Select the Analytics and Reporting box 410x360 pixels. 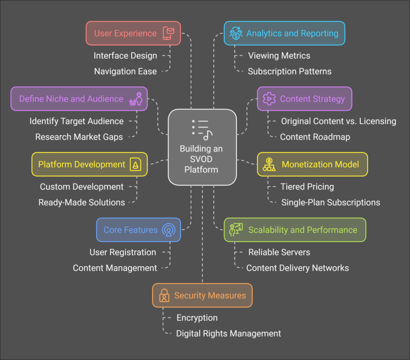(284, 33)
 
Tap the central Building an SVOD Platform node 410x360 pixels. (202, 147)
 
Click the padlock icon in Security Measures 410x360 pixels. (164, 296)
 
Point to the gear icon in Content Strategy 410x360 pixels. (269, 99)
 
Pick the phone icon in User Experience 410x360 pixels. (169, 33)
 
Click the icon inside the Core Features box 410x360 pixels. (169, 230)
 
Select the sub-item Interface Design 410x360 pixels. (125, 56)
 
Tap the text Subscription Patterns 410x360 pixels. (289, 72)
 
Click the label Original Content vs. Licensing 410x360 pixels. (338, 121)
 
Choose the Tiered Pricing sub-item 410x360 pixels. (307, 187)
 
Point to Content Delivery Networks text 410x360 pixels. (297, 268)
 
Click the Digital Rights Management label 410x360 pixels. (229, 333)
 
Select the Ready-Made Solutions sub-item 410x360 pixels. (82, 202)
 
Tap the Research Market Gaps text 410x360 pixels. (79, 137)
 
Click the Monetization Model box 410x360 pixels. (312, 164)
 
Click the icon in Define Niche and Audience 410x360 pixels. (136, 99)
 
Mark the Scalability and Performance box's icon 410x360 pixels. (235, 230)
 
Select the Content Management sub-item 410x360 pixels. (115, 268)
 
